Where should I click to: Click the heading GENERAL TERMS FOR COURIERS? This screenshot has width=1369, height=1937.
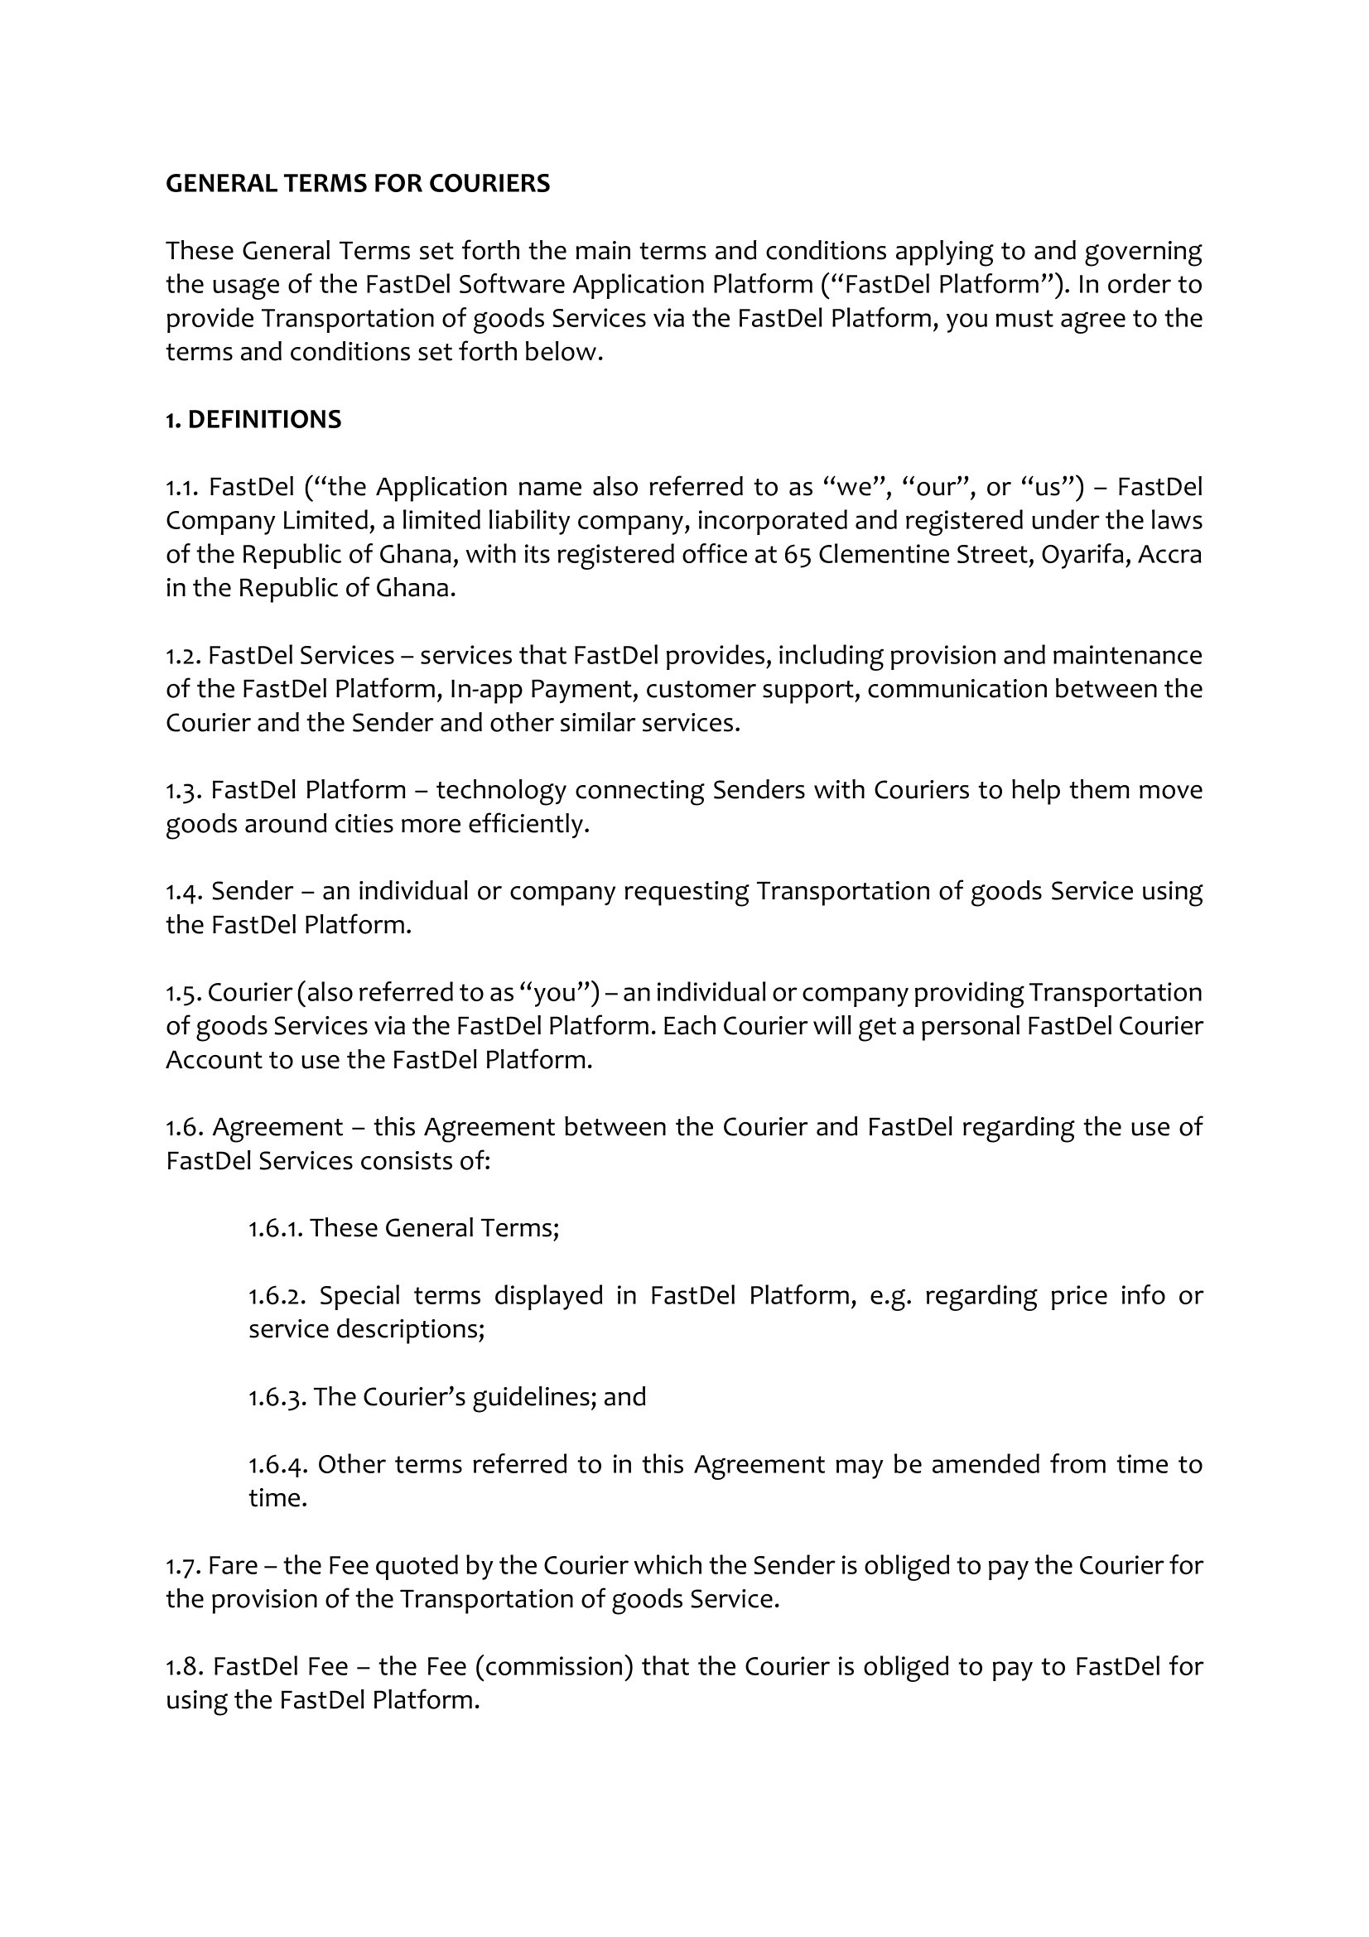pyautogui.click(x=357, y=183)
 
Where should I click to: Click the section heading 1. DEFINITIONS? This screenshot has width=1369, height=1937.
pyautogui.click(x=253, y=419)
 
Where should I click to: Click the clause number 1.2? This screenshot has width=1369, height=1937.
pyautogui.click(x=182, y=656)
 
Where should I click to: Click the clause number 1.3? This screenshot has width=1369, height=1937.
pyautogui.click(x=183, y=791)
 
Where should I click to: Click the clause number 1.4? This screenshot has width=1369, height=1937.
pyautogui.click(x=183, y=891)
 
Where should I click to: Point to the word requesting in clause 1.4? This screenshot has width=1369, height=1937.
pyautogui.click(x=685, y=891)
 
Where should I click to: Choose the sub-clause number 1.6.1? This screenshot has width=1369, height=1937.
pyautogui.click(x=275, y=1227)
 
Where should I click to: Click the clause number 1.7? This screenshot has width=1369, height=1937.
pyautogui.click(x=182, y=1565)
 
